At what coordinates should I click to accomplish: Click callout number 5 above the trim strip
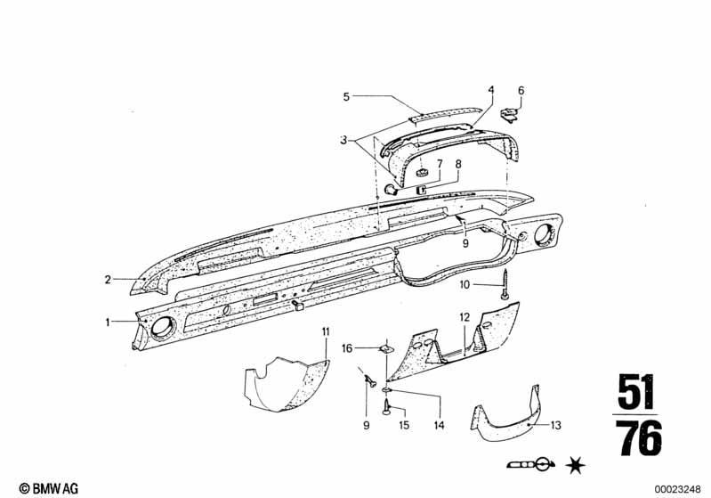[346, 97]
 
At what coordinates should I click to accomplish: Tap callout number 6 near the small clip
[521, 90]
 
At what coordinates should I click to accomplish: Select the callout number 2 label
[108, 280]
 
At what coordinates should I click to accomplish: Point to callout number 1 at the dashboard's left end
[108, 322]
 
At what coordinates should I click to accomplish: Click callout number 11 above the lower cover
[326, 331]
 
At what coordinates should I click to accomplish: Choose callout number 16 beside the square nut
[347, 348]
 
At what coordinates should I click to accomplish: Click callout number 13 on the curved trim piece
[556, 425]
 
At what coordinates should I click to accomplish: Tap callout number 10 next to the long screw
[465, 285]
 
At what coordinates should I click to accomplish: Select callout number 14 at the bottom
[439, 425]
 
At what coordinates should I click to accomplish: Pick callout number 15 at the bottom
[404, 425]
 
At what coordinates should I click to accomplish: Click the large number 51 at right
[635, 391]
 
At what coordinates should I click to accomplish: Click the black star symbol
[576, 466]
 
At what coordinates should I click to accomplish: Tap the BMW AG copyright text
[49, 488]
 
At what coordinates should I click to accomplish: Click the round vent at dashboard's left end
[162, 329]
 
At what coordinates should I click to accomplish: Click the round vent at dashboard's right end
[544, 235]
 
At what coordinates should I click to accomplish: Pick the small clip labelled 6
[509, 114]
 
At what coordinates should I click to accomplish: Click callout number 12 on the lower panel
[465, 317]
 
